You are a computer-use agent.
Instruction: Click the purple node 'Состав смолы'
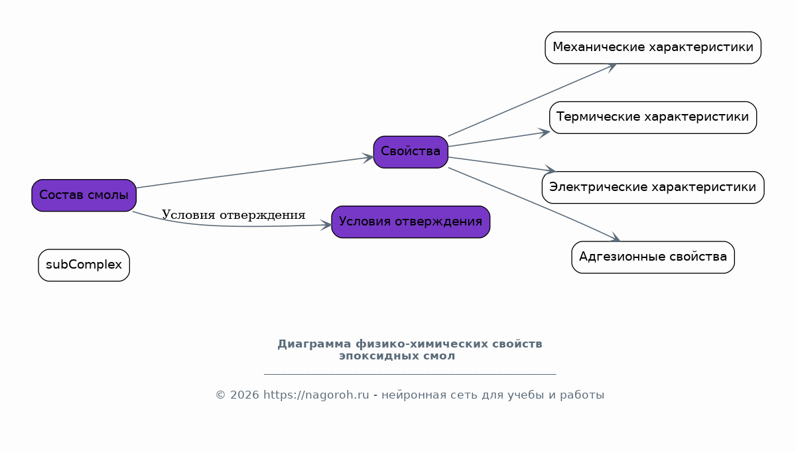[84, 195]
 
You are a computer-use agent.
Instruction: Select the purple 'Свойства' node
[411, 152]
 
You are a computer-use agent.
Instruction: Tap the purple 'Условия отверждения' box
[411, 222]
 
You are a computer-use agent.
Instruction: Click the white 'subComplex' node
[84, 265]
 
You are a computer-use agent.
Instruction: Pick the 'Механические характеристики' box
[653, 48]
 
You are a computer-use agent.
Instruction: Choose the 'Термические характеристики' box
[653, 117]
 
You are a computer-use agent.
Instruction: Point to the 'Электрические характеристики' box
[653, 187]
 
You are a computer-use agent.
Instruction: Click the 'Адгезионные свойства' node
[653, 257]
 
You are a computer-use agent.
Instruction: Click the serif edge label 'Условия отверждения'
[233, 215]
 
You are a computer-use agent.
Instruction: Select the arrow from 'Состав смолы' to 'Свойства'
[255, 172]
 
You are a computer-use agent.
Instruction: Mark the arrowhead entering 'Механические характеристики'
[611, 67]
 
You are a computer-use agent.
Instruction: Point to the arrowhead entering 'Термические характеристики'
[544, 133]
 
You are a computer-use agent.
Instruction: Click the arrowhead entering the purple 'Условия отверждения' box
[326, 225]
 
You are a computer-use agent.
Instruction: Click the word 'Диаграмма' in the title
[314, 344]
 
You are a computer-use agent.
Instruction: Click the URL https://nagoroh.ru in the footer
[316, 395]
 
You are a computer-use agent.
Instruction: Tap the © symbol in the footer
[221, 395]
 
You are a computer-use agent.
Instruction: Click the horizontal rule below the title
[410, 374]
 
